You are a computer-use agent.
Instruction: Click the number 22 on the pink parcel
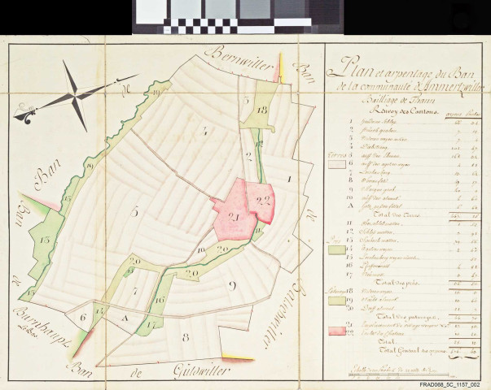pyautogui.click(x=262, y=199)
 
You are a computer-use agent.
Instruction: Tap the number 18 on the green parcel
pyautogui.click(x=261, y=109)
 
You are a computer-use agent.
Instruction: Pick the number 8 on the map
pyautogui.click(x=185, y=336)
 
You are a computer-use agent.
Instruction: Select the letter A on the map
pyautogui.click(x=125, y=318)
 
